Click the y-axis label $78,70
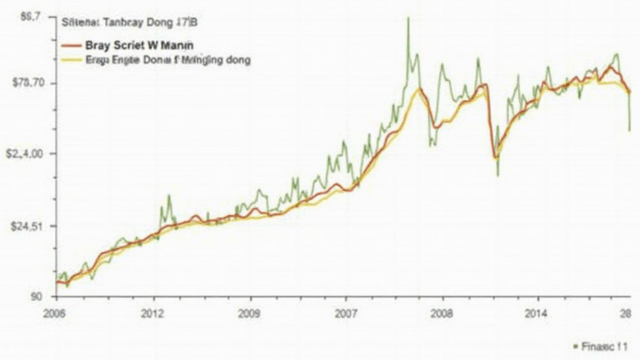click(x=25, y=82)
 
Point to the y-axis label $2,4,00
click(x=24, y=154)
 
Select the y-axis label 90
click(x=37, y=297)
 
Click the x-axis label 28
click(x=625, y=313)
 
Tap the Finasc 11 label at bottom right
click(x=602, y=344)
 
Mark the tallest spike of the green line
click(x=407, y=19)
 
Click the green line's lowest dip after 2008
click(x=497, y=174)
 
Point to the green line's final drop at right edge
click(x=629, y=129)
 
